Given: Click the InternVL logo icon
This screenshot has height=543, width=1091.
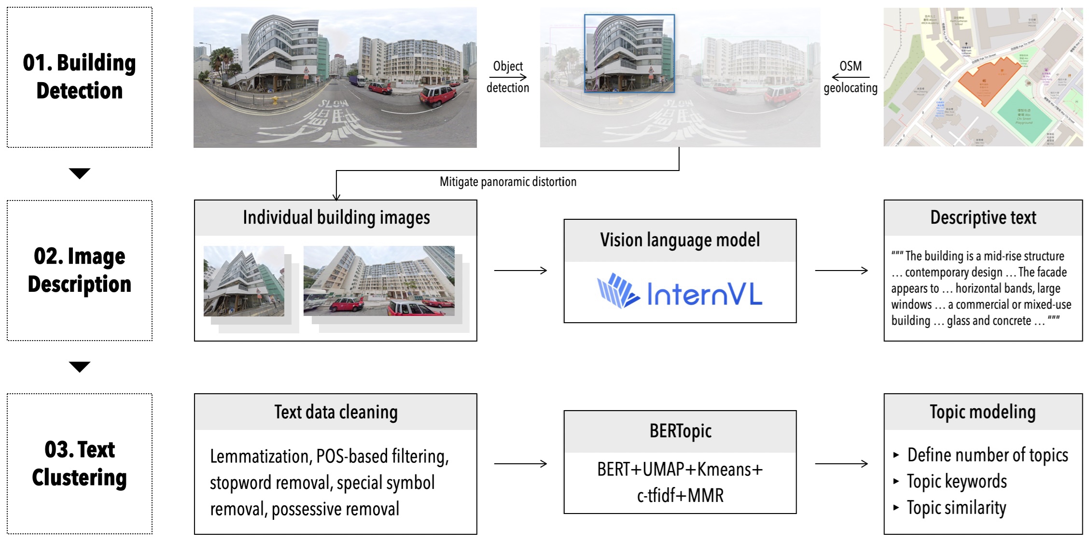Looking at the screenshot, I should (618, 291).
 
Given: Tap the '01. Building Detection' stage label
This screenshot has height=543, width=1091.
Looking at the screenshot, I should (80, 77).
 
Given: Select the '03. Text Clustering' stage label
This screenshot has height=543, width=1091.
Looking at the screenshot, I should (80, 463).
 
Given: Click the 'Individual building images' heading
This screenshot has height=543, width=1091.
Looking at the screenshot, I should (336, 217).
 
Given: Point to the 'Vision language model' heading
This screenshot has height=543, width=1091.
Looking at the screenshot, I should (680, 240).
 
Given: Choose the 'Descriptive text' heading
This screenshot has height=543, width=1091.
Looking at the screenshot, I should (983, 217).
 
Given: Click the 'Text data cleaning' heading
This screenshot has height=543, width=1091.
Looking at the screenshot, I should (336, 412).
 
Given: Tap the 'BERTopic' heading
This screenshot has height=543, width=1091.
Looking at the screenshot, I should (680, 431).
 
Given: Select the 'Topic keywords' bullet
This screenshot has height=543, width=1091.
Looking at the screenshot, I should (956, 481).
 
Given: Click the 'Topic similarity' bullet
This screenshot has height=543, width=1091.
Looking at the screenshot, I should (956, 508).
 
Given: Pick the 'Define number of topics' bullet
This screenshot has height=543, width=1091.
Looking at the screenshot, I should (987, 455).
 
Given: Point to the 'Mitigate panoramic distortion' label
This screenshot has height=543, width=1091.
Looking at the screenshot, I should (508, 182).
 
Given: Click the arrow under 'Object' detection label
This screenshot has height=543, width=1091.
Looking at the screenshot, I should (508, 77).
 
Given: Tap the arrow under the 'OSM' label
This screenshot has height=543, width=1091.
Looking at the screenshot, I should (851, 77).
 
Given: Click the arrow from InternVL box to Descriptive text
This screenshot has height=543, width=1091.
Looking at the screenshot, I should (841, 271).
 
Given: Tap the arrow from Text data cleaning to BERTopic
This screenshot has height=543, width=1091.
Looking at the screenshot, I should (520, 464).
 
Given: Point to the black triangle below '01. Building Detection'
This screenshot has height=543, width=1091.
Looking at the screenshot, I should (80, 173).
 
